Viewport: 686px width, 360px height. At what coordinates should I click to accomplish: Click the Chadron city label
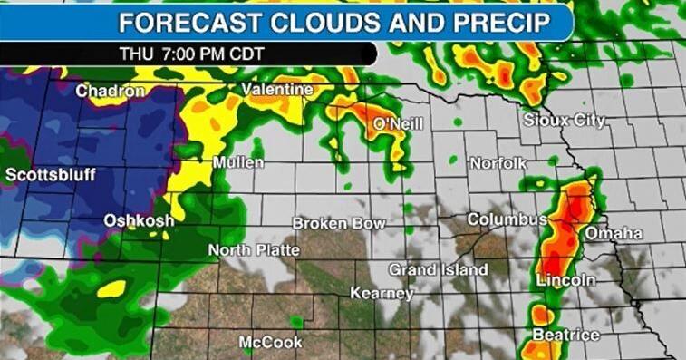click(x=111, y=91)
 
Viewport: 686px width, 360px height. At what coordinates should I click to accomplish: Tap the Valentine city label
click(x=277, y=90)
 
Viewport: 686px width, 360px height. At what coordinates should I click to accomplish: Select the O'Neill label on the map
click(x=399, y=123)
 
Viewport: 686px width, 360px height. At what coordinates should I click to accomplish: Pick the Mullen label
click(x=238, y=162)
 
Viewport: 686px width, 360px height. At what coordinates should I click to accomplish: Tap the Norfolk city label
click(x=498, y=163)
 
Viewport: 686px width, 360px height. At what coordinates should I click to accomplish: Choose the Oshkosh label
click(x=138, y=220)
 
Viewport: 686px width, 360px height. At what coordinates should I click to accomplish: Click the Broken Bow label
click(x=339, y=223)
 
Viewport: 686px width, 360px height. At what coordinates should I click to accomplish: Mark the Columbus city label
click(x=507, y=219)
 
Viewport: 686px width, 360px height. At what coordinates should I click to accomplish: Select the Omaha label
click(x=614, y=234)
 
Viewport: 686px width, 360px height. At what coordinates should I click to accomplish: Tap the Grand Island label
click(x=439, y=269)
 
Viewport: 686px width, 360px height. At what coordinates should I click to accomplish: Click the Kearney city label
click(x=382, y=293)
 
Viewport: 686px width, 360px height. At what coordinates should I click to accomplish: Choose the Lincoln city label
click(x=565, y=280)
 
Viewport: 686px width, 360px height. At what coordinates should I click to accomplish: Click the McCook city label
click(x=270, y=342)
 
